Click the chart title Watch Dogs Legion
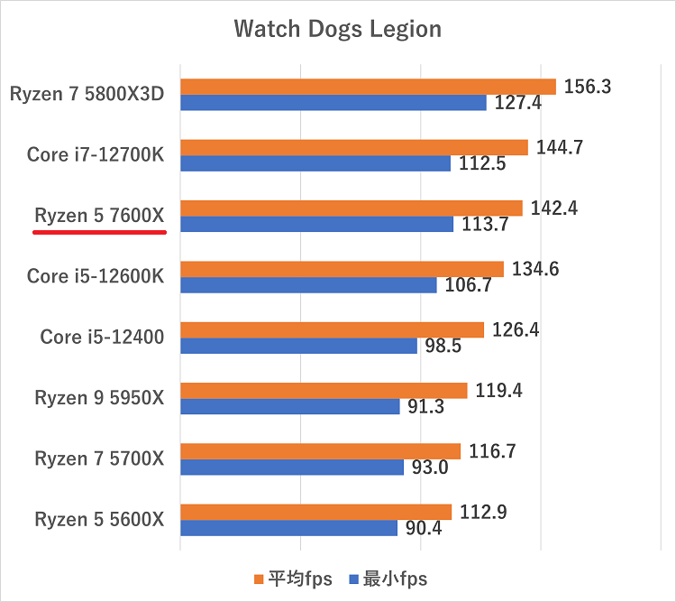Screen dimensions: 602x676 (338, 30)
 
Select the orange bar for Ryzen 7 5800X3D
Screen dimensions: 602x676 (368, 87)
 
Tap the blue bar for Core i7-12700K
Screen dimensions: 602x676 (315, 163)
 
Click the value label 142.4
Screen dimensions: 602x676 (554, 208)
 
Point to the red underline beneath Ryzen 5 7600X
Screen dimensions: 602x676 (99, 231)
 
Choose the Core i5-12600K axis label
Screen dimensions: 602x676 (96, 276)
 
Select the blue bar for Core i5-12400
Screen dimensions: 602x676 (298, 346)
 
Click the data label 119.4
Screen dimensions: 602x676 (499, 391)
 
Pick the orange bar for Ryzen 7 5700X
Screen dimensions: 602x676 (320, 451)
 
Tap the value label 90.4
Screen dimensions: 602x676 (424, 528)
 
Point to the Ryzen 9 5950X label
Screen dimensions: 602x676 (100, 398)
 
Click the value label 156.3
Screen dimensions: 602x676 (588, 87)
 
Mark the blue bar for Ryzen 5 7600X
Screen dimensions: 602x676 (316, 224)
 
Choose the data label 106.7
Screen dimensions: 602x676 (469, 285)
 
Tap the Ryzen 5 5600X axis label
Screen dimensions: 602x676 (100, 520)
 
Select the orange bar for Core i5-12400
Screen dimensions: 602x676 (332, 329)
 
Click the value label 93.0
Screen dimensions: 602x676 (429, 468)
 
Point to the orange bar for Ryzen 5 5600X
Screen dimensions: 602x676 (315, 512)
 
